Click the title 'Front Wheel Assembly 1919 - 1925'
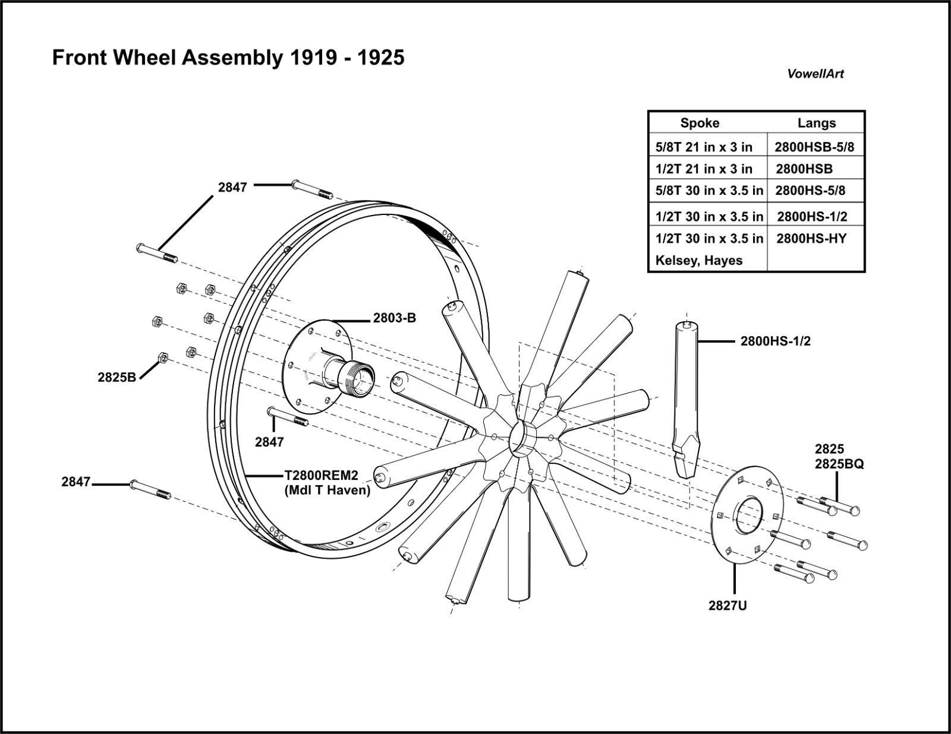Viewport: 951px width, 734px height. (228, 58)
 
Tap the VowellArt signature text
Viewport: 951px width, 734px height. (815, 74)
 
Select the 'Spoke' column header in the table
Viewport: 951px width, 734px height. (700, 123)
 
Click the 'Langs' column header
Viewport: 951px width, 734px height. (816, 123)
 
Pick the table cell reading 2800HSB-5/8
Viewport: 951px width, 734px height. (814, 147)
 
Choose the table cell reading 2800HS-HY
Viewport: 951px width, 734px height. (811, 239)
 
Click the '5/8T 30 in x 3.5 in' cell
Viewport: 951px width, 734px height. (709, 191)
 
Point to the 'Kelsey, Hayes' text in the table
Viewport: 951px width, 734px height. (698, 261)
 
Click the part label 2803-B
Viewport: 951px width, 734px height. (394, 318)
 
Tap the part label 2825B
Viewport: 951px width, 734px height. (117, 377)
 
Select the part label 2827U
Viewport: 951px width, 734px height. (728, 606)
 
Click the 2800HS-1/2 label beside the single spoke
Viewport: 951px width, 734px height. (775, 341)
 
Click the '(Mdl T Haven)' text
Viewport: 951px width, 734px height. (328, 490)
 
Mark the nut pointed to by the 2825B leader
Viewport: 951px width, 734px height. (162, 357)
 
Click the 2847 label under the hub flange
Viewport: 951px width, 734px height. (269, 442)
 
